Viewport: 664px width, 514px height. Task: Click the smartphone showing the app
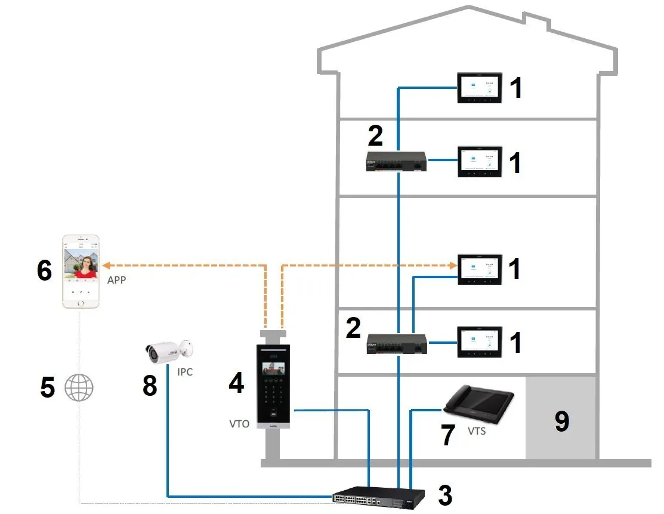point(81,271)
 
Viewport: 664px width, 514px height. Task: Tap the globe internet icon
point(79,387)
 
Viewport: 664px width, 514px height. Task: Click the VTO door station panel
point(274,386)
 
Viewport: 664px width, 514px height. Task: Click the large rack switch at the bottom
point(378,497)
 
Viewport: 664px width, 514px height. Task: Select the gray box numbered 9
point(561,418)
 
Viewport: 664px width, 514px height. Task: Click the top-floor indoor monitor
point(480,88)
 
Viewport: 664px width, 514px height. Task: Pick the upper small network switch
point(396,161)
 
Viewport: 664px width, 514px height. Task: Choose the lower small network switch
point(397,344)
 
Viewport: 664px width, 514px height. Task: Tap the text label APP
point(116,280)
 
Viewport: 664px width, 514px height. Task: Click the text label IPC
point(185,372)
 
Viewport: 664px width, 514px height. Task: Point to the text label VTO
point(239,424)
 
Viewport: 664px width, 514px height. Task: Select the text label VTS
point(477,431)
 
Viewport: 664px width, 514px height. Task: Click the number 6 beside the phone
point(45,270)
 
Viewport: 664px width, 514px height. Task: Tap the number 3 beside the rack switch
point(445,495)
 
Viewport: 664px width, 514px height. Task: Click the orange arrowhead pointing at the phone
point(107,266)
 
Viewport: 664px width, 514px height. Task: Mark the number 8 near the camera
point(150,386)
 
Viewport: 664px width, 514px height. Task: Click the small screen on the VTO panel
point(273,369)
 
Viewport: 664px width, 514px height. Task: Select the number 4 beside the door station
point(236,383)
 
